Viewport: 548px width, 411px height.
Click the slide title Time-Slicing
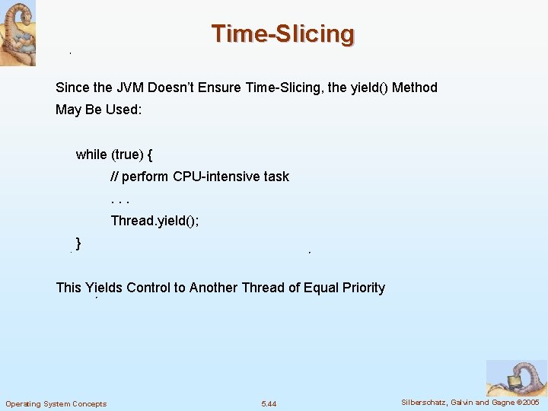tap(282, 34)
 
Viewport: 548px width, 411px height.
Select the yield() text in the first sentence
tap(368, 88)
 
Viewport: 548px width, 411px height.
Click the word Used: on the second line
tap(123, 110)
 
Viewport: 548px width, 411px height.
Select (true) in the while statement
tap(127, 155)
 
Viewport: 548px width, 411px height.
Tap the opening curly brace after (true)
tap(150, 155)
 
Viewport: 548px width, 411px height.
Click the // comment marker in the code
tap(114, 177)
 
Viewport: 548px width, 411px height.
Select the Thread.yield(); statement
tap(155, 221)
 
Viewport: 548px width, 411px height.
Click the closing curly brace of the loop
tap(79, 243)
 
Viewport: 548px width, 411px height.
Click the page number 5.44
tap(269, 403)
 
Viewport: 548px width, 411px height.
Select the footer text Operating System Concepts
tap(56, 403)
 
